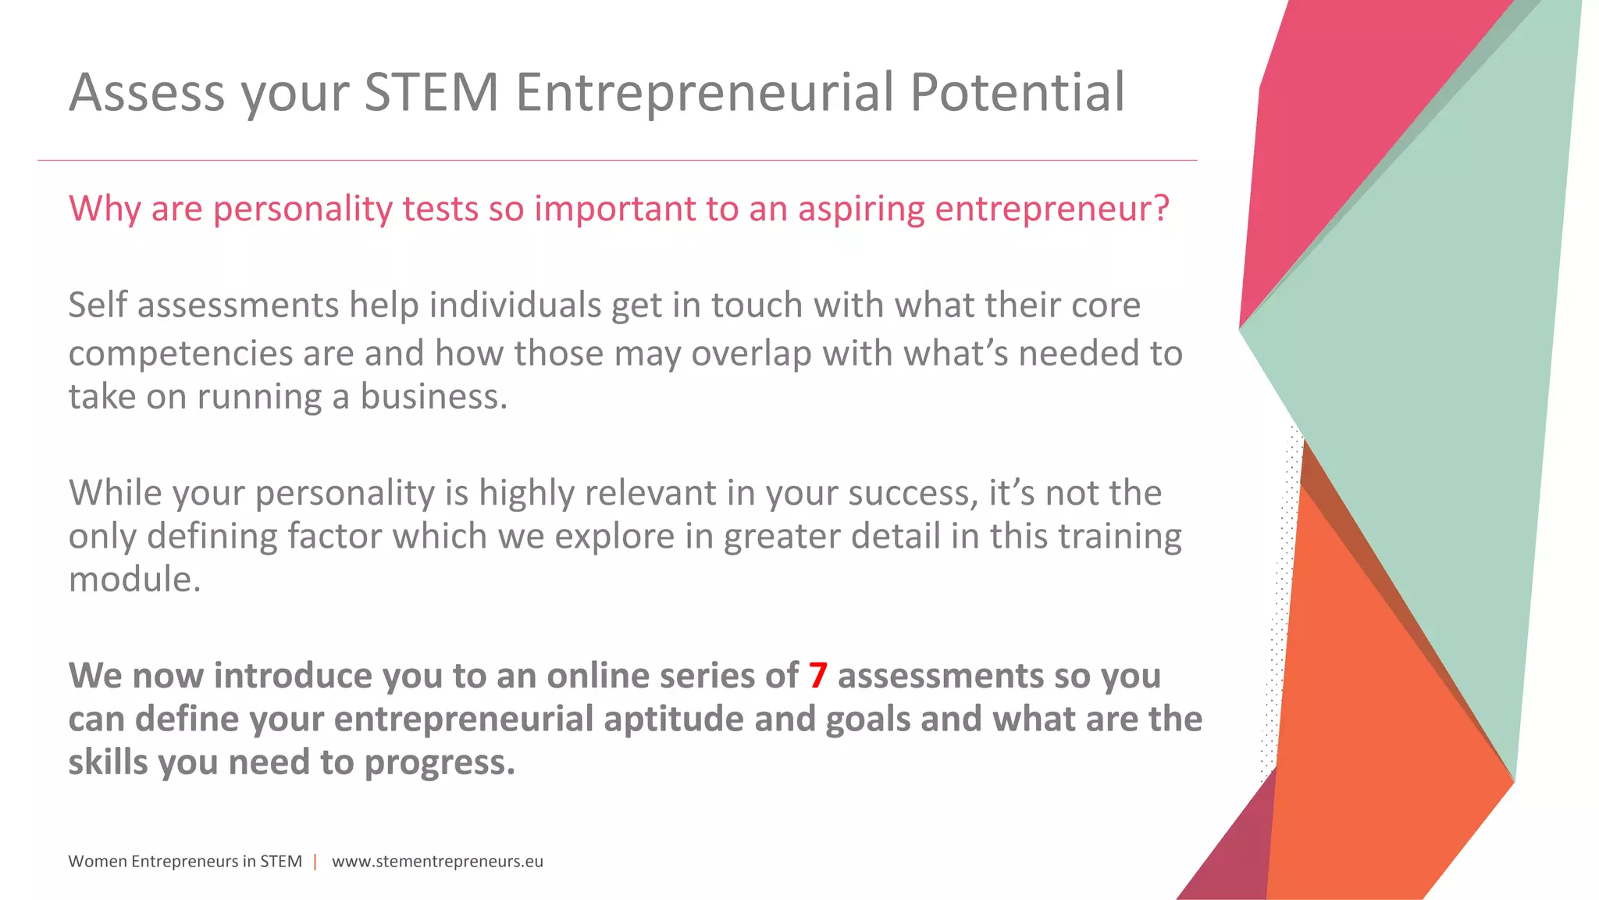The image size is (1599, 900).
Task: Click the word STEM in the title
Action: [x=431, y=92]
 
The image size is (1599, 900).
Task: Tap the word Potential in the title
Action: [x=1017, y=92]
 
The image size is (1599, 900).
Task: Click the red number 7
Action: [x=817, y=676]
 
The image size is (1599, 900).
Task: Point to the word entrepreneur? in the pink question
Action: [x=1052, y=209]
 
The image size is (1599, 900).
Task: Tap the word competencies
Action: [x=180, y=354]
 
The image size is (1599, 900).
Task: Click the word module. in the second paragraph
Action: [x=134, y=580]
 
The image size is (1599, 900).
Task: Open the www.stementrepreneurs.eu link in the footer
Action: [x=437, y=862]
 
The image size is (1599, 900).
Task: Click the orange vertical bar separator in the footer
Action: [x=315, y=862]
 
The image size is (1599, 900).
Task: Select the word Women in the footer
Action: [x=97, y=862]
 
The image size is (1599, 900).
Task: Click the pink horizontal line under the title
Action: [x=617, y=161]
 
